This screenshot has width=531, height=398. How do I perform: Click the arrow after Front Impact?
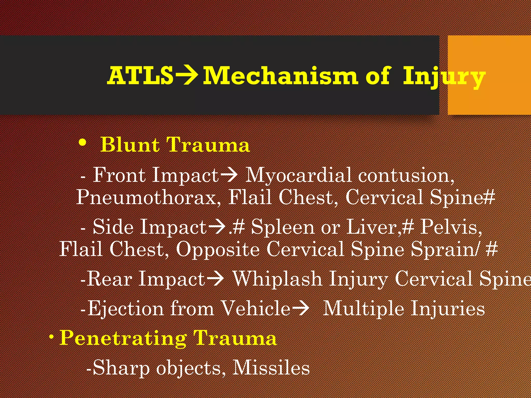(x=229, y=175)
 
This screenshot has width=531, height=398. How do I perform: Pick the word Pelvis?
(x=450, y=227)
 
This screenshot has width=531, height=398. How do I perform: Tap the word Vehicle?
(x=255, y=308)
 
